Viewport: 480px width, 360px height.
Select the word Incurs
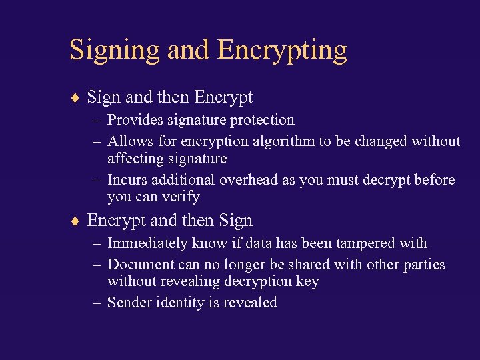pyautogui.click(x=127, y=180)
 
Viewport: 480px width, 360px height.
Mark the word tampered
pyautogui.click(x=367, y=243)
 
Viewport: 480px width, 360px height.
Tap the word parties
pyautogui.click(x=424, y=265)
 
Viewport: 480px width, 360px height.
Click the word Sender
pyautogui.click(x=129, y=303)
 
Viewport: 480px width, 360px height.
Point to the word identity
pyautogui.click(x=179, y=303)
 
